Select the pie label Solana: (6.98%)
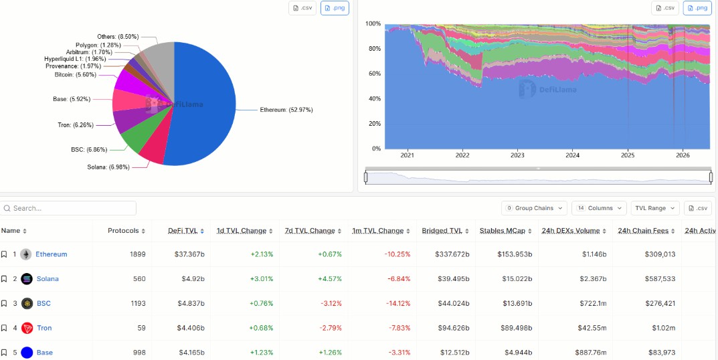pos(108,167)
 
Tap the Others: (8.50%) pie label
pos(118,36)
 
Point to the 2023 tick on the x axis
pos(517,155)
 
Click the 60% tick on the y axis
pos(375,74)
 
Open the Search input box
pos(68,208)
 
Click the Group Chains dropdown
pos(534,208)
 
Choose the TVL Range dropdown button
pos(655,208)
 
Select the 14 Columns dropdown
pos(599,208)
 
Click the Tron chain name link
pos(44,328)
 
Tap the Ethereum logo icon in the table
pos(26,254)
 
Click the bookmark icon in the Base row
pos(3,353)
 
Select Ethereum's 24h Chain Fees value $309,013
pos(660,254)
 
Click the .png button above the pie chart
pos(335,8)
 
